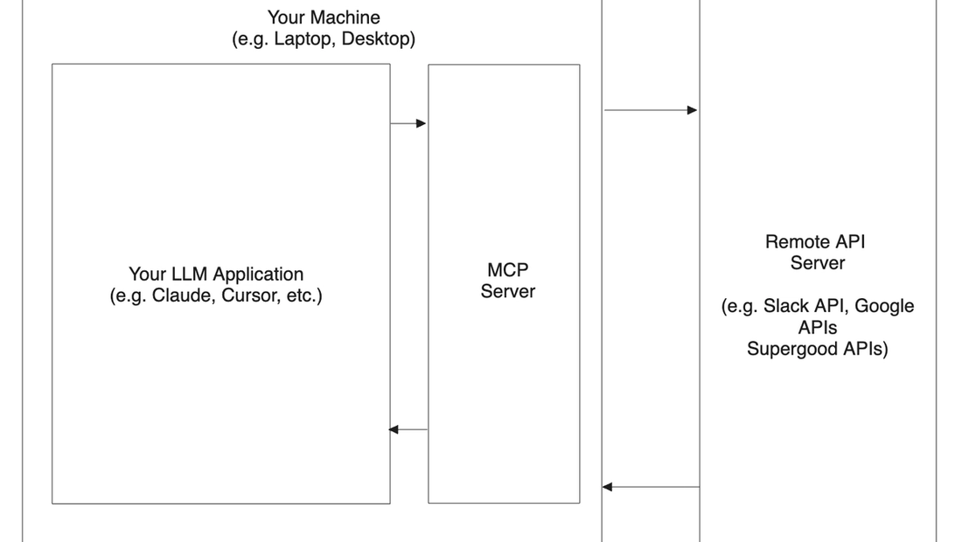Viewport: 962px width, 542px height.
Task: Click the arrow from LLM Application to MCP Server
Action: pos(408,123)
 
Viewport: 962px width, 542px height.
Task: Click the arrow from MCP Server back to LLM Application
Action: pos(408,429)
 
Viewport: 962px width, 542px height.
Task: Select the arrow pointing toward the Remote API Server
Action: pos(651,110)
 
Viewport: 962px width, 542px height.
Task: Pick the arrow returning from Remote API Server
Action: pos(651,486)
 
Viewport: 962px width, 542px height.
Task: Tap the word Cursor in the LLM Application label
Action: pos(248,295)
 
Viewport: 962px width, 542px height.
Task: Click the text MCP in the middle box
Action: pos(507,270)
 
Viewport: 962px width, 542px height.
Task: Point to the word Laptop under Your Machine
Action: pos(303,39)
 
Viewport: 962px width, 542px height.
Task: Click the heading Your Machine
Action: pos(324,17)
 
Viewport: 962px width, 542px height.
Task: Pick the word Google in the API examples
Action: pos(884,306)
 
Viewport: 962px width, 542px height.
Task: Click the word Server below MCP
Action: pos(507,292)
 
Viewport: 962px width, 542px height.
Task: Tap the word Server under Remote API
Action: pos(818,263)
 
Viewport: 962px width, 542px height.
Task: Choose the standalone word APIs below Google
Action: pos(817,328)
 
